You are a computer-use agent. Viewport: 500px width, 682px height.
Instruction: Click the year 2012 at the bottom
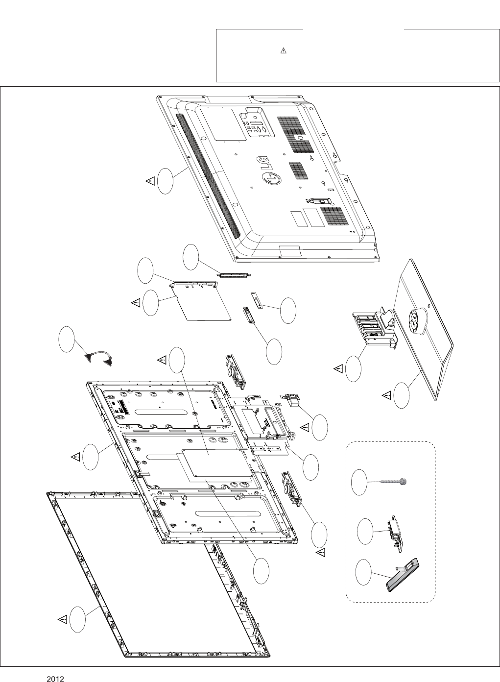point(56,679)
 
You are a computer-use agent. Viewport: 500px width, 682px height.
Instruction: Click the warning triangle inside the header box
point(283,51)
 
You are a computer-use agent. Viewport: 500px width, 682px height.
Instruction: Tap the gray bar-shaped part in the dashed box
point(404,572)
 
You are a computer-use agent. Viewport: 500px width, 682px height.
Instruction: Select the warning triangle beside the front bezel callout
point(62,619)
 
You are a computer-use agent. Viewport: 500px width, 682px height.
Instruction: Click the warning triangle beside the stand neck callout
point(338,367)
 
